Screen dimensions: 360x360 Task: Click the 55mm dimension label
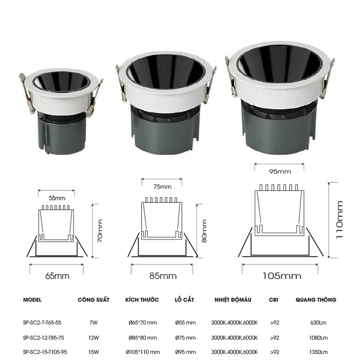57,198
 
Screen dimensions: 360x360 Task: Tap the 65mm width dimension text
57,276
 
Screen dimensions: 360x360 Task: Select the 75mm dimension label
162,187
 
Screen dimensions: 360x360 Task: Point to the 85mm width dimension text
163,276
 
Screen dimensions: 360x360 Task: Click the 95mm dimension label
280,172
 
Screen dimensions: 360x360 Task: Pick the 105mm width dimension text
282,276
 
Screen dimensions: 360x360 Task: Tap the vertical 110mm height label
340,220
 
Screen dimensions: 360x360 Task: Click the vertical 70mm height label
100,231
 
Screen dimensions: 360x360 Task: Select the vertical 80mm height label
204,231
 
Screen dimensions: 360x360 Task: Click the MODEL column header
32,300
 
